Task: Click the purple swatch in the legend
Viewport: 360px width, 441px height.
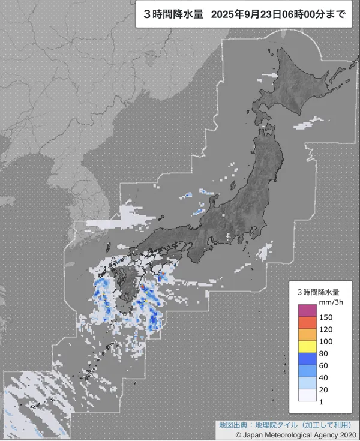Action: [x=307, y=311]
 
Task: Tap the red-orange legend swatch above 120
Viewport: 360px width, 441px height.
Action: [x=307, y=323]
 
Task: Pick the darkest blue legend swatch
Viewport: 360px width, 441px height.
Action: [x=307, y=359]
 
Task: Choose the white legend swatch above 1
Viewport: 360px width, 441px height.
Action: [x=307, y=395]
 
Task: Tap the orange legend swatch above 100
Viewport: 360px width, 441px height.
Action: [x=307, y=335]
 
